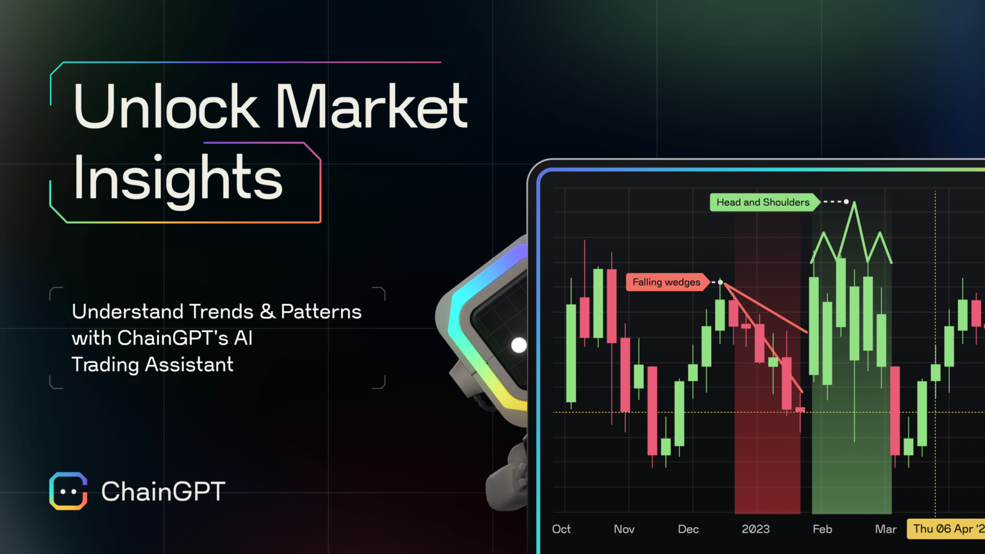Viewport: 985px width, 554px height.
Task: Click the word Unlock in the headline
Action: click(x=166, y=106)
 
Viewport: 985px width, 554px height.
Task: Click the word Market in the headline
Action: click(x=372, y=106)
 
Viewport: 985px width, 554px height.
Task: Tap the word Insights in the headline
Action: click(x=178, y=178)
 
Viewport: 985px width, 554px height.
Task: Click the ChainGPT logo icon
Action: click(x=69, y=491)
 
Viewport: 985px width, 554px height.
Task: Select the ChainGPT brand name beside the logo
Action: click(x=163, y=492)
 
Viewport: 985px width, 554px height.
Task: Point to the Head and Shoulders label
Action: click(x=763, y=203)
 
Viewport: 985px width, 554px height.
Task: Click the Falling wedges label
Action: click(x=666, y=282)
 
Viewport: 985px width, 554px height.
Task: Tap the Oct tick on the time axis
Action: click(x=561, y=529)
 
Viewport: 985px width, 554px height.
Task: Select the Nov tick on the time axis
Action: click(x=624, y=529)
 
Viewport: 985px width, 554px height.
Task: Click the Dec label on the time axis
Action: click(x=688, y=529)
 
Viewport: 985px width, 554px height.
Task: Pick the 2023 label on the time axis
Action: click(x=755, y=529)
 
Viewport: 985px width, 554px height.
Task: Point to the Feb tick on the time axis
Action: click(x=822, y=529)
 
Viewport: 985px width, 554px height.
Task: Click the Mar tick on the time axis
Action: click(x=886, y=529)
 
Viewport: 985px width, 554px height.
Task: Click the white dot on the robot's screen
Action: click(x=519, y=345)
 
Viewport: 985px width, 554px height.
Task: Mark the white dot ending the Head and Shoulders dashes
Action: click(x=846, y=202)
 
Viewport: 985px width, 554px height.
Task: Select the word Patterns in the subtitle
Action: click(x=321, y=312)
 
